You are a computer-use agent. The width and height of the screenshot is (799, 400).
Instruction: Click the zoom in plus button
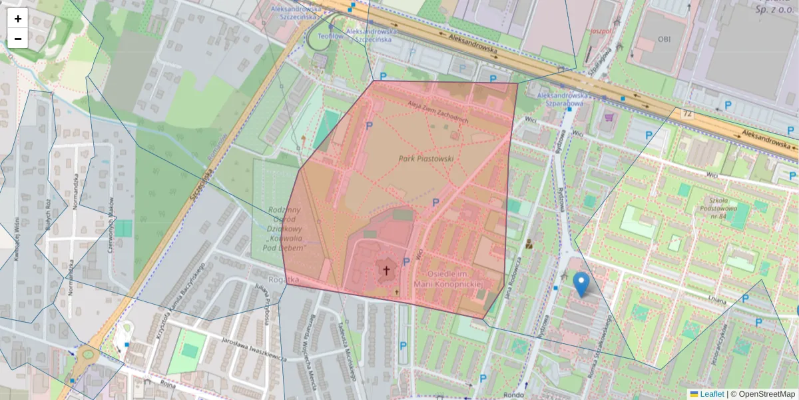coord(18,19)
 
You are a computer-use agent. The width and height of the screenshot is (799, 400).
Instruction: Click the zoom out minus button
coord(18,39)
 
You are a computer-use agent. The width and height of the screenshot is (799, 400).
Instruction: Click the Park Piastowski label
coord(426,159)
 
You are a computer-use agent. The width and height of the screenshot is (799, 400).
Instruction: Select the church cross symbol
coord(386,271)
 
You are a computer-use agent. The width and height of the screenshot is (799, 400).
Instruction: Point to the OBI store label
coord(665,39)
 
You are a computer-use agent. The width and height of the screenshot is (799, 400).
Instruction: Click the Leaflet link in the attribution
coord(712,394)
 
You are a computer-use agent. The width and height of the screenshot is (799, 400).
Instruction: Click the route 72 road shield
coord(686,115)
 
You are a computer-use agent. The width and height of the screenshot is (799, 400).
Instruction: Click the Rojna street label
coord(166,385)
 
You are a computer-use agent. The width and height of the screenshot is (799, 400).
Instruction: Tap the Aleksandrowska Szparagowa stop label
coord(561,99)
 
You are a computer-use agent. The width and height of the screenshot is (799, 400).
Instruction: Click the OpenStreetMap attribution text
coord(766,394)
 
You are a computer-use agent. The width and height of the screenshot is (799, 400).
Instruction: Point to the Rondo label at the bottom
coord(513,395)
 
